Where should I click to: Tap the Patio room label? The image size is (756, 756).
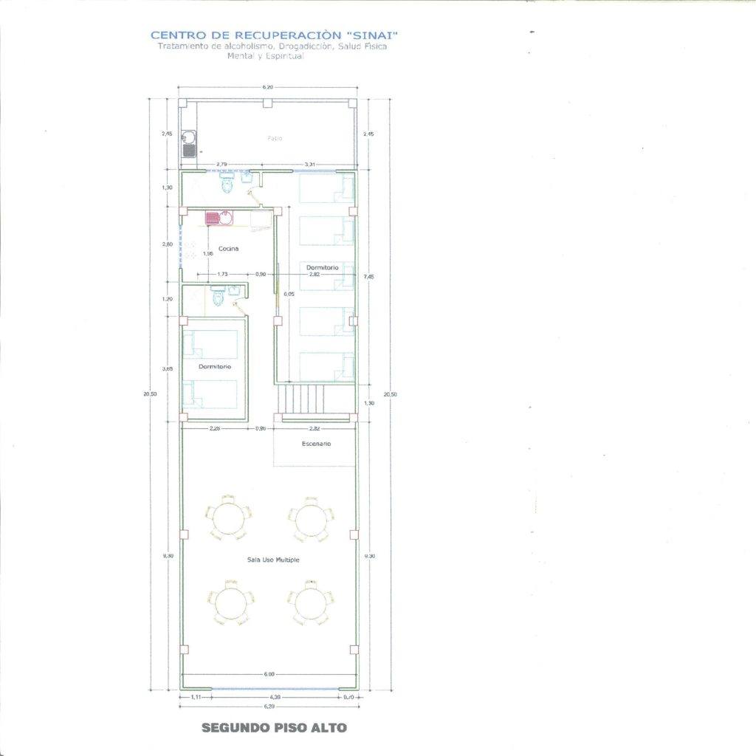(x=275, y=138)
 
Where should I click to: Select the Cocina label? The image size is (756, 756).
(x=229, y=248)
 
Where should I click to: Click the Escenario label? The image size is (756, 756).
(x=316, y=444)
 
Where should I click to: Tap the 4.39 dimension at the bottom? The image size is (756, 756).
(x=274, y=696)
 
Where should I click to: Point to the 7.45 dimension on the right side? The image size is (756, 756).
(x=369, y=277)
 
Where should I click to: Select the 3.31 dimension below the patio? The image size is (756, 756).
(x=310, y=163)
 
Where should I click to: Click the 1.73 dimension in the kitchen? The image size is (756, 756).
(x=222, y=274)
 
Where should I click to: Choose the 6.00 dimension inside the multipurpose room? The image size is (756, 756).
(x=269, y=674)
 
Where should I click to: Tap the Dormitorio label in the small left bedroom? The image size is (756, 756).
(x=215, y=366)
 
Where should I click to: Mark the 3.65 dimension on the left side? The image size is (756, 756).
(x=168, y=368)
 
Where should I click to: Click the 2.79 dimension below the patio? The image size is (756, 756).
(x=221, y=163)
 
